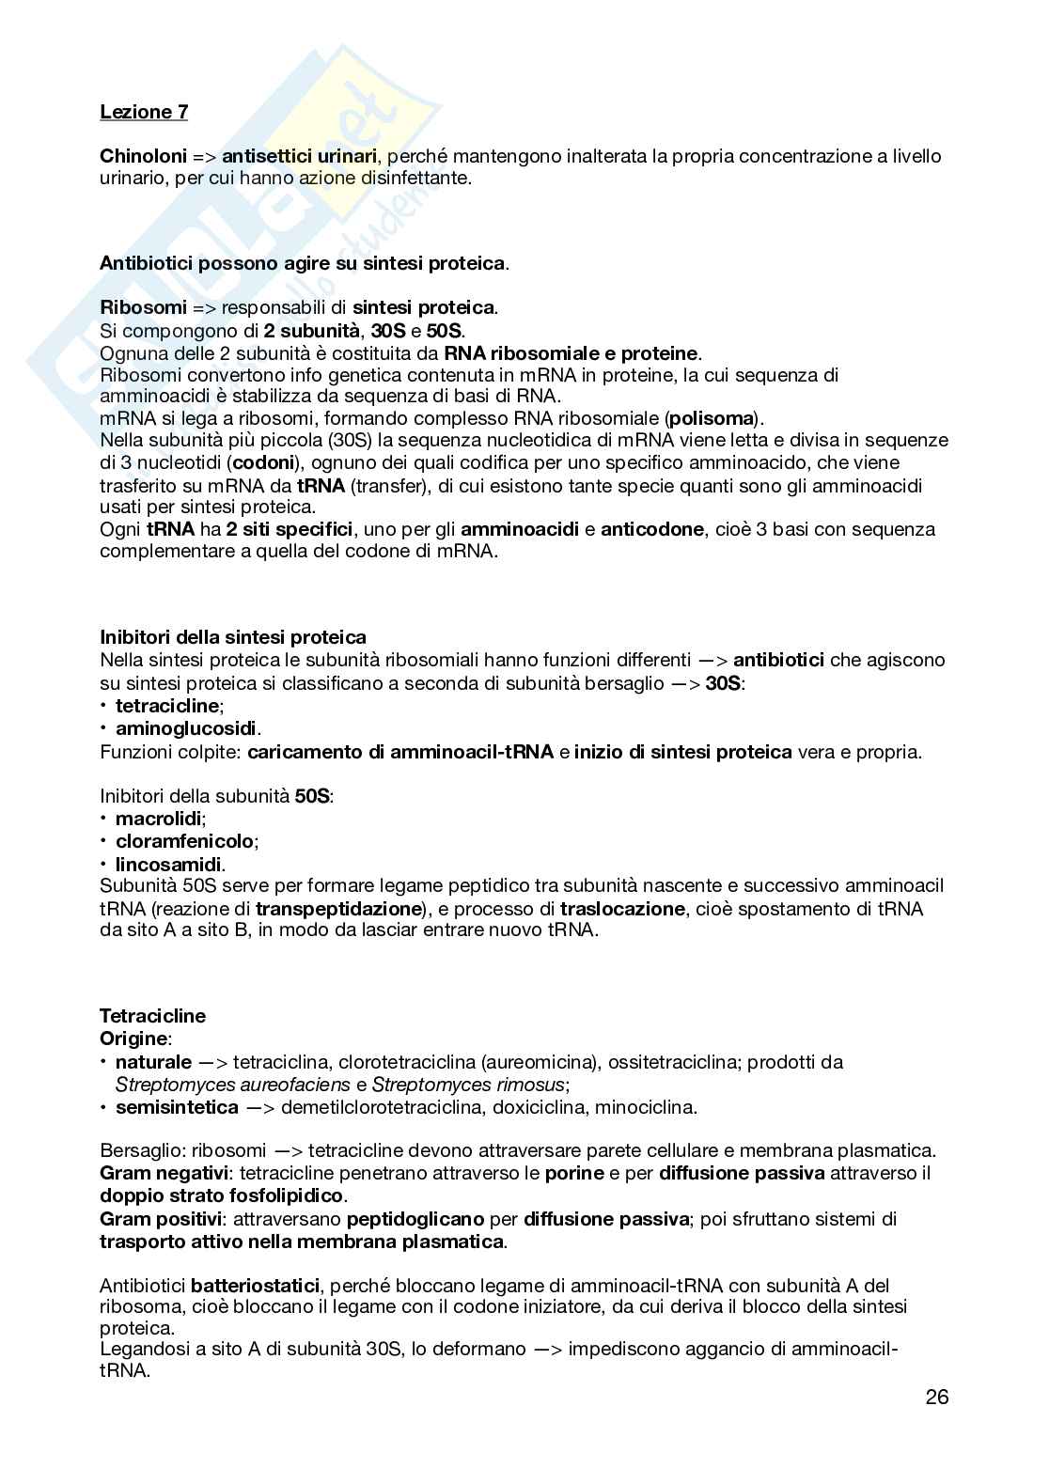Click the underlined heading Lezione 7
(x=144, y=112)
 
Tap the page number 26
(x=936, y=1397)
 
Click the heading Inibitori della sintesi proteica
(x=233, y=638)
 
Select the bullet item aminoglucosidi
(x=187, y=728)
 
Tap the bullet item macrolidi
(x=158, y=819)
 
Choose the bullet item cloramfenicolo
(x=184, y=841)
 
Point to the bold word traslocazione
(x=622, y=909)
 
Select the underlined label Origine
(x=134, y=1039)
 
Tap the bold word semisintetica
(x=177, y=1106)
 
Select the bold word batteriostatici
(x=256, y=1285)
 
